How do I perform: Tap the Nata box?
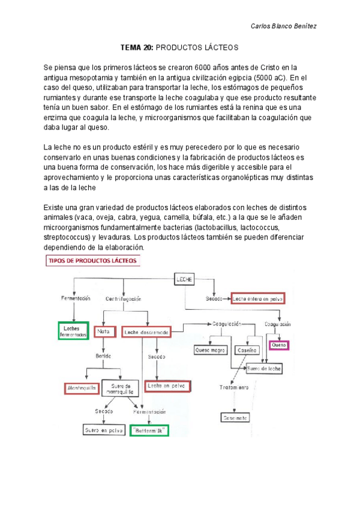(105, 331)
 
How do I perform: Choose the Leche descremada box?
(146, 332)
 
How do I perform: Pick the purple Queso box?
(279, 346)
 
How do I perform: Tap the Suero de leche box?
(263, 368)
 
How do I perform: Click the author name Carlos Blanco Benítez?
(283, 26)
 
